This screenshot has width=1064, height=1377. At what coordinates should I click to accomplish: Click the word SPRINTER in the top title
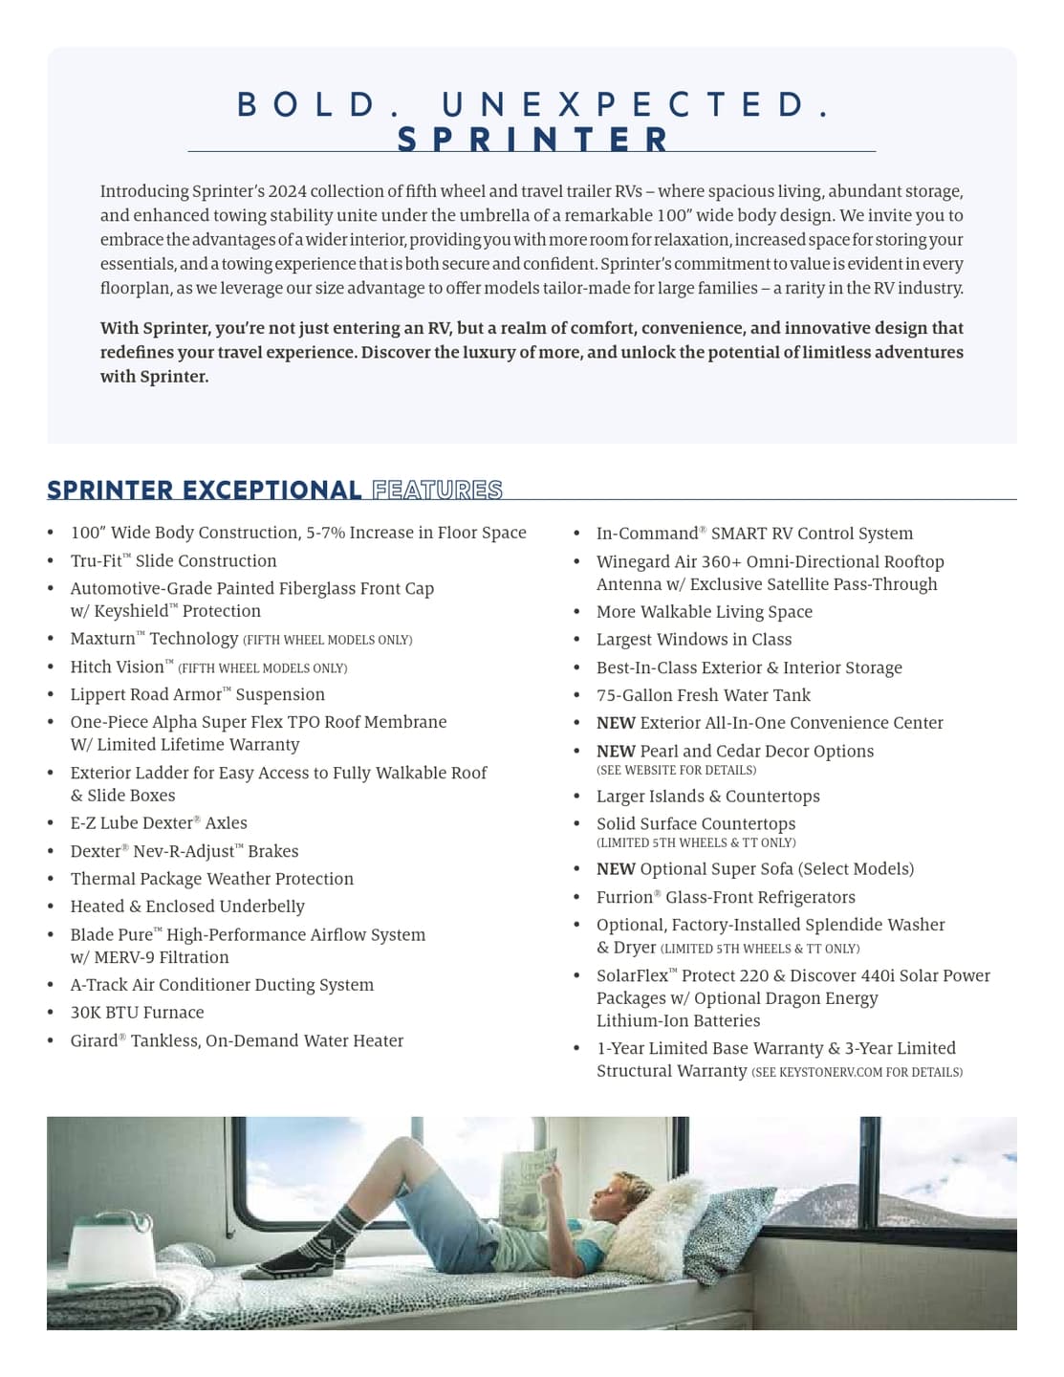[x=532, y=140]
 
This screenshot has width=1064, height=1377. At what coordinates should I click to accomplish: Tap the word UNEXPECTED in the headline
[x=635, y=104]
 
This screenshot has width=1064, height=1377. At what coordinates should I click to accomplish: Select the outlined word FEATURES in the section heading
[x=437, y=491]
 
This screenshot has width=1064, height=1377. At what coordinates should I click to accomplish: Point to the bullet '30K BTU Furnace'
[x=137, y=1012]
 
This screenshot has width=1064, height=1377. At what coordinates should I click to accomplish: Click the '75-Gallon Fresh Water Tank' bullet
[x=703, y=695]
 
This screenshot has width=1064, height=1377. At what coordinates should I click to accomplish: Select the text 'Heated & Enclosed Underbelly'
[x=187, y=906]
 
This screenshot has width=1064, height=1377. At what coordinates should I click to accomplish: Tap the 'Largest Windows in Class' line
[x=693, y=639]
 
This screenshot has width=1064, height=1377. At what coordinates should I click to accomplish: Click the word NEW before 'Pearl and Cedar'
[x=616, y=751]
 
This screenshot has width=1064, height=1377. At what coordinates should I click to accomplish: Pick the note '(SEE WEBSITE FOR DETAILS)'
[x=676, y=770]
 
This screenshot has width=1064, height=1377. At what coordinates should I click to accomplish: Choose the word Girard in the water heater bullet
[x=94, y=1040]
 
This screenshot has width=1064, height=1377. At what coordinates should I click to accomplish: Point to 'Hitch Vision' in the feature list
[x=117, y=667]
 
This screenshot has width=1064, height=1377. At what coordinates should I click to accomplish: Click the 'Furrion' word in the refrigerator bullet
[x=624, y=897]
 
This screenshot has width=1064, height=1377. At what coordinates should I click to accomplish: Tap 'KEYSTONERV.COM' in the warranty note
[x=830, y=1072]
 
